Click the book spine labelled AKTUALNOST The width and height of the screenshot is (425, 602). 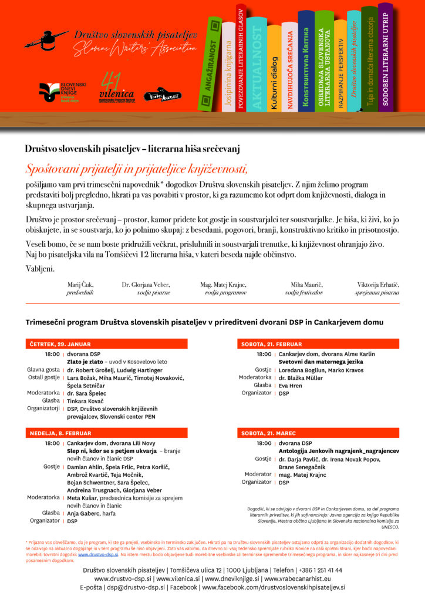point(257,65)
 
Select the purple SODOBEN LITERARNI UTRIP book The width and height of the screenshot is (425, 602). point(385,59)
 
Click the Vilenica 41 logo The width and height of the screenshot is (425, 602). point(116,87)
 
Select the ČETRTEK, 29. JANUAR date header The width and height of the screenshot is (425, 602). point(57,344)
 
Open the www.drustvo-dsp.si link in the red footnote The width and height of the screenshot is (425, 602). point(98,554)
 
